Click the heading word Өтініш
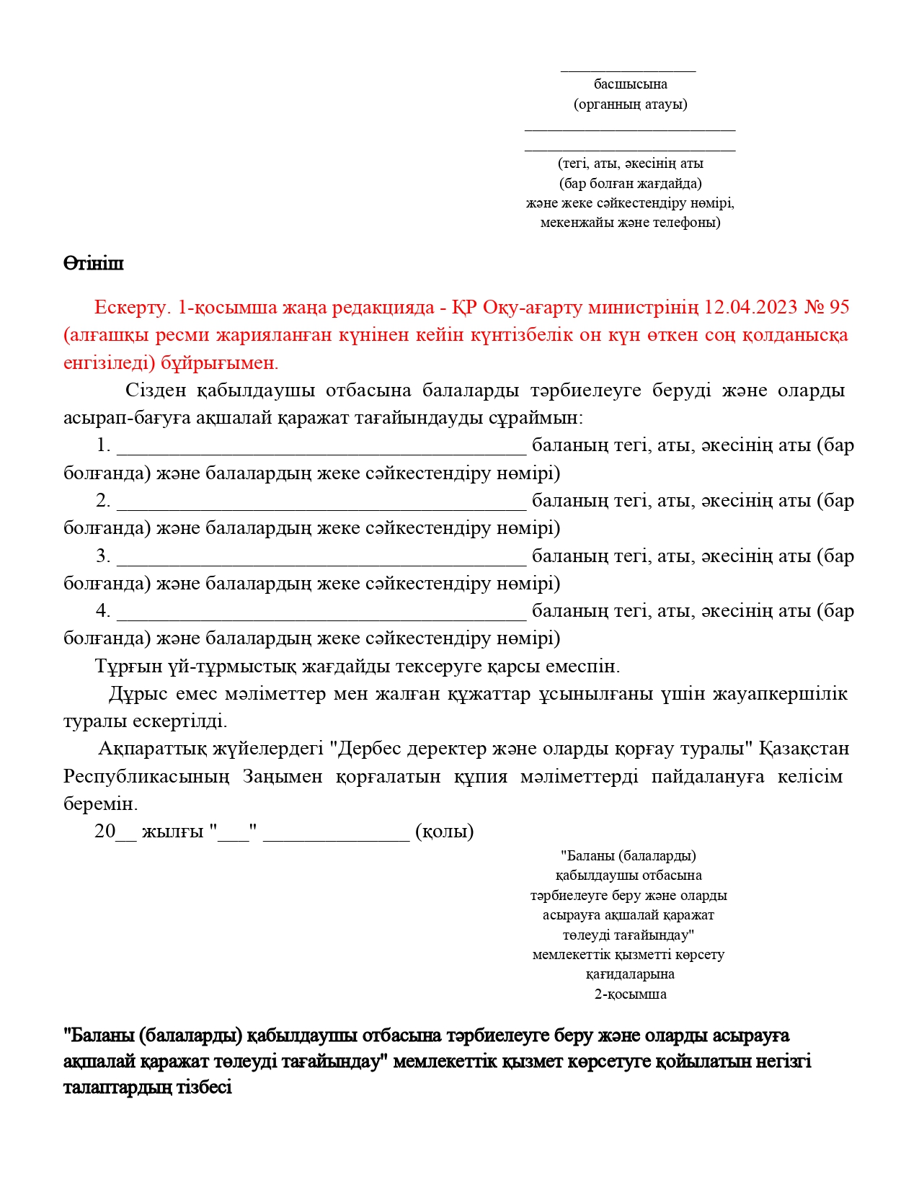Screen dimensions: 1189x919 [x=94, y=264]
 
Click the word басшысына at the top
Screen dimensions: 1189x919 [x=630, y=84]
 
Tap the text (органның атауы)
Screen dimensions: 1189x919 [x=630, y=104]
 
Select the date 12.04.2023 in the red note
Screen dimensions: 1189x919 [x=750, y=308]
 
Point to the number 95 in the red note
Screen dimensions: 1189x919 [x=839, y=308]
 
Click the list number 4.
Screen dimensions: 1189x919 [x=103, y=611]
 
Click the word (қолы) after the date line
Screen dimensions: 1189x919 [x=445, y=832]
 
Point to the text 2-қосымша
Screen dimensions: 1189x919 [x=630, y=994]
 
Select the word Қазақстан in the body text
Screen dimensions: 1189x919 [x=804, y=749]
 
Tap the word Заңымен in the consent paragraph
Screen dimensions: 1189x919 [x=283, y=777]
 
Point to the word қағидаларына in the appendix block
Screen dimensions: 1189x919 [x=630, y=974]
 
